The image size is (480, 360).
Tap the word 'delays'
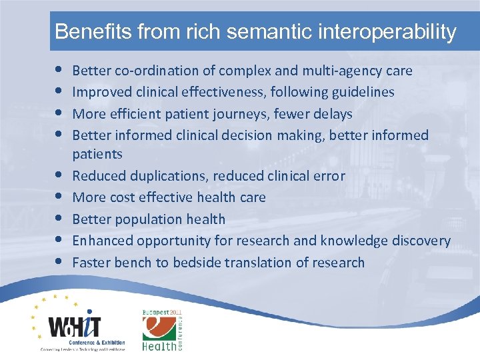(333, 114)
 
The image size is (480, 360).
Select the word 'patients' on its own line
(97, 154)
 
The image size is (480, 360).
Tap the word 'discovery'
(420, 241)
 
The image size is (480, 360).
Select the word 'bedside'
(199, 262)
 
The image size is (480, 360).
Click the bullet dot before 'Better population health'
(61, 219)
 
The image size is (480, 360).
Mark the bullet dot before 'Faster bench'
(61, 262)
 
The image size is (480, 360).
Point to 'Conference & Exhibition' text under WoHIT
(83, 342)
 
